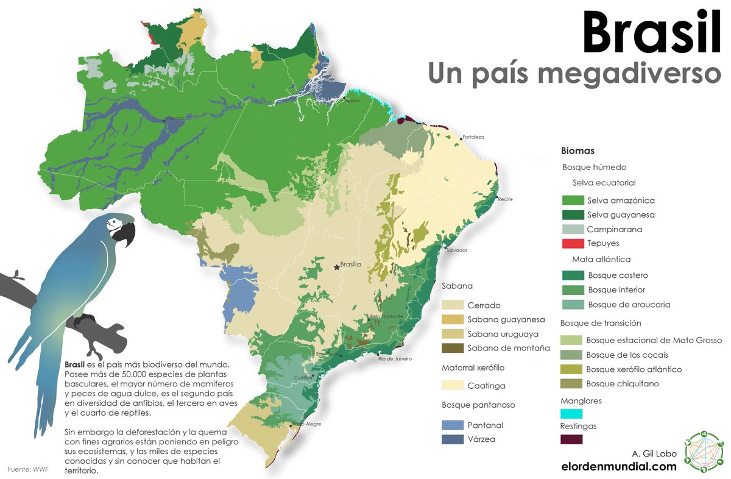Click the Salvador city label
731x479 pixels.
tap(456, 250)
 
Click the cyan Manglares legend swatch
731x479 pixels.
tap(571, 414)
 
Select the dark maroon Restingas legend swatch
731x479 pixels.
tap(571, 439)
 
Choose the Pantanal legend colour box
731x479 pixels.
tap(453, 425)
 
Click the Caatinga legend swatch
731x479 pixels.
tap(453, 385)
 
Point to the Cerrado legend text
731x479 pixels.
tap(484, 305)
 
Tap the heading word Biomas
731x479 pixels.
tap(577, 151)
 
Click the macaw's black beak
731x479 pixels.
tap(126, 234)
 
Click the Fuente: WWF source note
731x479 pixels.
tap(28, 469)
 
